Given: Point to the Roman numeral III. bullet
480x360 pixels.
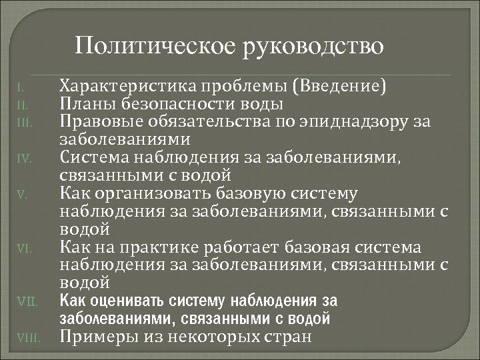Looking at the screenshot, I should point(23,122).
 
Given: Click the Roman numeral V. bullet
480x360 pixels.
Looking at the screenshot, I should point(22,195).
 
